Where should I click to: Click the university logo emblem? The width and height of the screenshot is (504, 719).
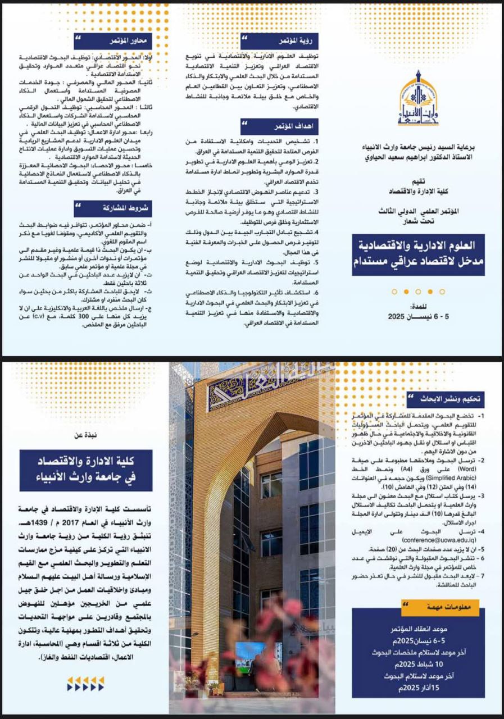tap(419, 100)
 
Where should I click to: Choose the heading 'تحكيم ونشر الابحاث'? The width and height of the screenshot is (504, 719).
tap(452, 399)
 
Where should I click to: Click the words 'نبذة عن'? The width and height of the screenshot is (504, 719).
tap(86, 434)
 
